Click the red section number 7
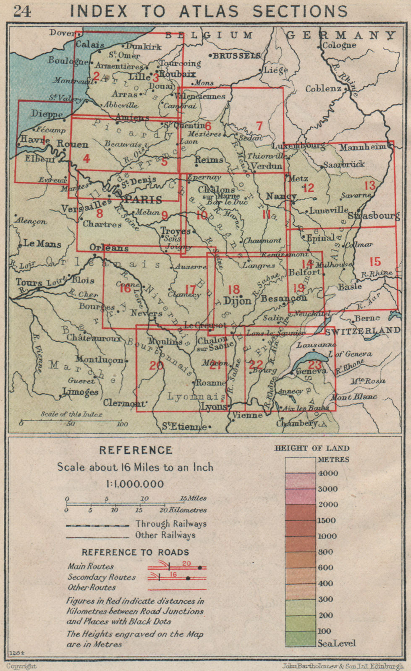(259, 125)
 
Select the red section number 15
(374, 262)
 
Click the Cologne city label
(339, 45)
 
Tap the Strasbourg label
(373, 216)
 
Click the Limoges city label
(80, 392)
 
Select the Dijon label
(237, 301)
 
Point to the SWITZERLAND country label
(362, 330)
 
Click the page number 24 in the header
(22, 11)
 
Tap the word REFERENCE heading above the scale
(136, 450)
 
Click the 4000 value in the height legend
(327, 473)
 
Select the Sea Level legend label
(336, 643)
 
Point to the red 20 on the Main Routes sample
(187, 564)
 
